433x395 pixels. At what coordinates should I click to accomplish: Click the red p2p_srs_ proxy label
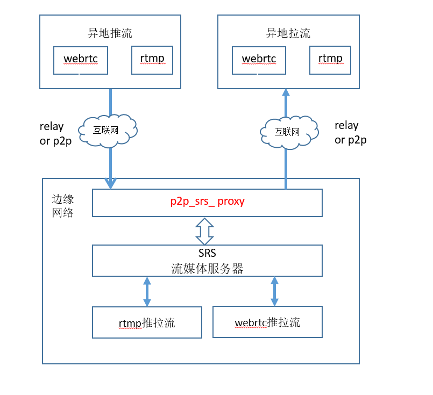[x=207, y=202]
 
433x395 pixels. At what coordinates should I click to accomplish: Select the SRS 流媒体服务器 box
[x=207, y=261]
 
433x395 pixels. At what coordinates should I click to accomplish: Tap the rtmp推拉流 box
[x=147, y=322]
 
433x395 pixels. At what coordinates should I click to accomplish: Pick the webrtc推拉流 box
[x=267, y=322]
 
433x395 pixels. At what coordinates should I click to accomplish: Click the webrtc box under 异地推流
[x=81, y=60]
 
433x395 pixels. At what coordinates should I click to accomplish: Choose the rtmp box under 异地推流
[x=152, y=60]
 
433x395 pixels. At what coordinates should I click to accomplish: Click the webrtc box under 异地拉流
[x=259, y=60]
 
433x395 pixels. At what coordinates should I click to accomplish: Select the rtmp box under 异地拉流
[x=330, y=60]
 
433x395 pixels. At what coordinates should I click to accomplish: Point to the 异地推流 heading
[x=110, y=33]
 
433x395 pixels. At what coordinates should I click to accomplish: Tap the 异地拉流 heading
[x=288, y=33]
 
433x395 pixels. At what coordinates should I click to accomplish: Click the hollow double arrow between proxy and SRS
[x=204, y=231]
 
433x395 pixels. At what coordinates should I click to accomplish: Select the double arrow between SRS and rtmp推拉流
[x=147, y=291]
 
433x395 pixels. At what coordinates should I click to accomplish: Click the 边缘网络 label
[x=62, y=205]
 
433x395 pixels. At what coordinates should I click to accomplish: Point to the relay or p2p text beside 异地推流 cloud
[x=55, y=134]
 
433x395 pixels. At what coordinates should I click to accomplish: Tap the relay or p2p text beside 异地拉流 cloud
[x=350, y=132]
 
